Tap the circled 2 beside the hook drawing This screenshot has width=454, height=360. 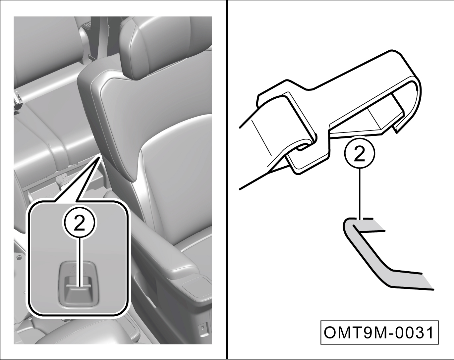(360, 153)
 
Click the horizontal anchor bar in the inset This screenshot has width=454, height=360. (79, 286)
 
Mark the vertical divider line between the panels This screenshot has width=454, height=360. (227, 180)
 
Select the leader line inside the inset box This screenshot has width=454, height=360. (79, 263)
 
